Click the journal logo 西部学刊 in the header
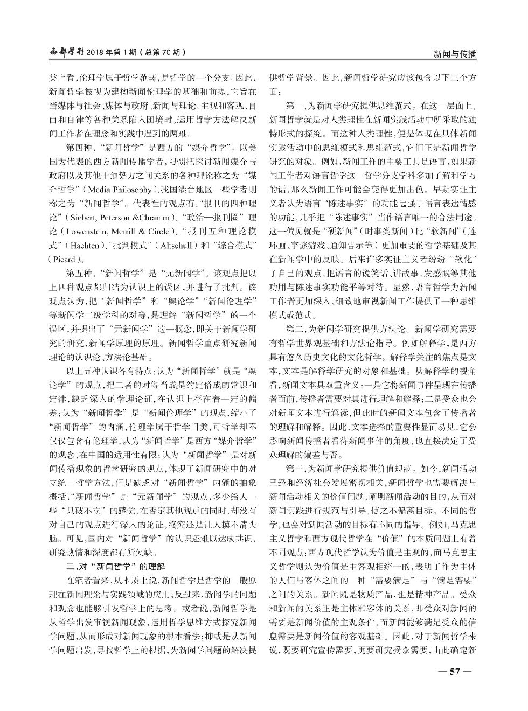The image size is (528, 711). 65,52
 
